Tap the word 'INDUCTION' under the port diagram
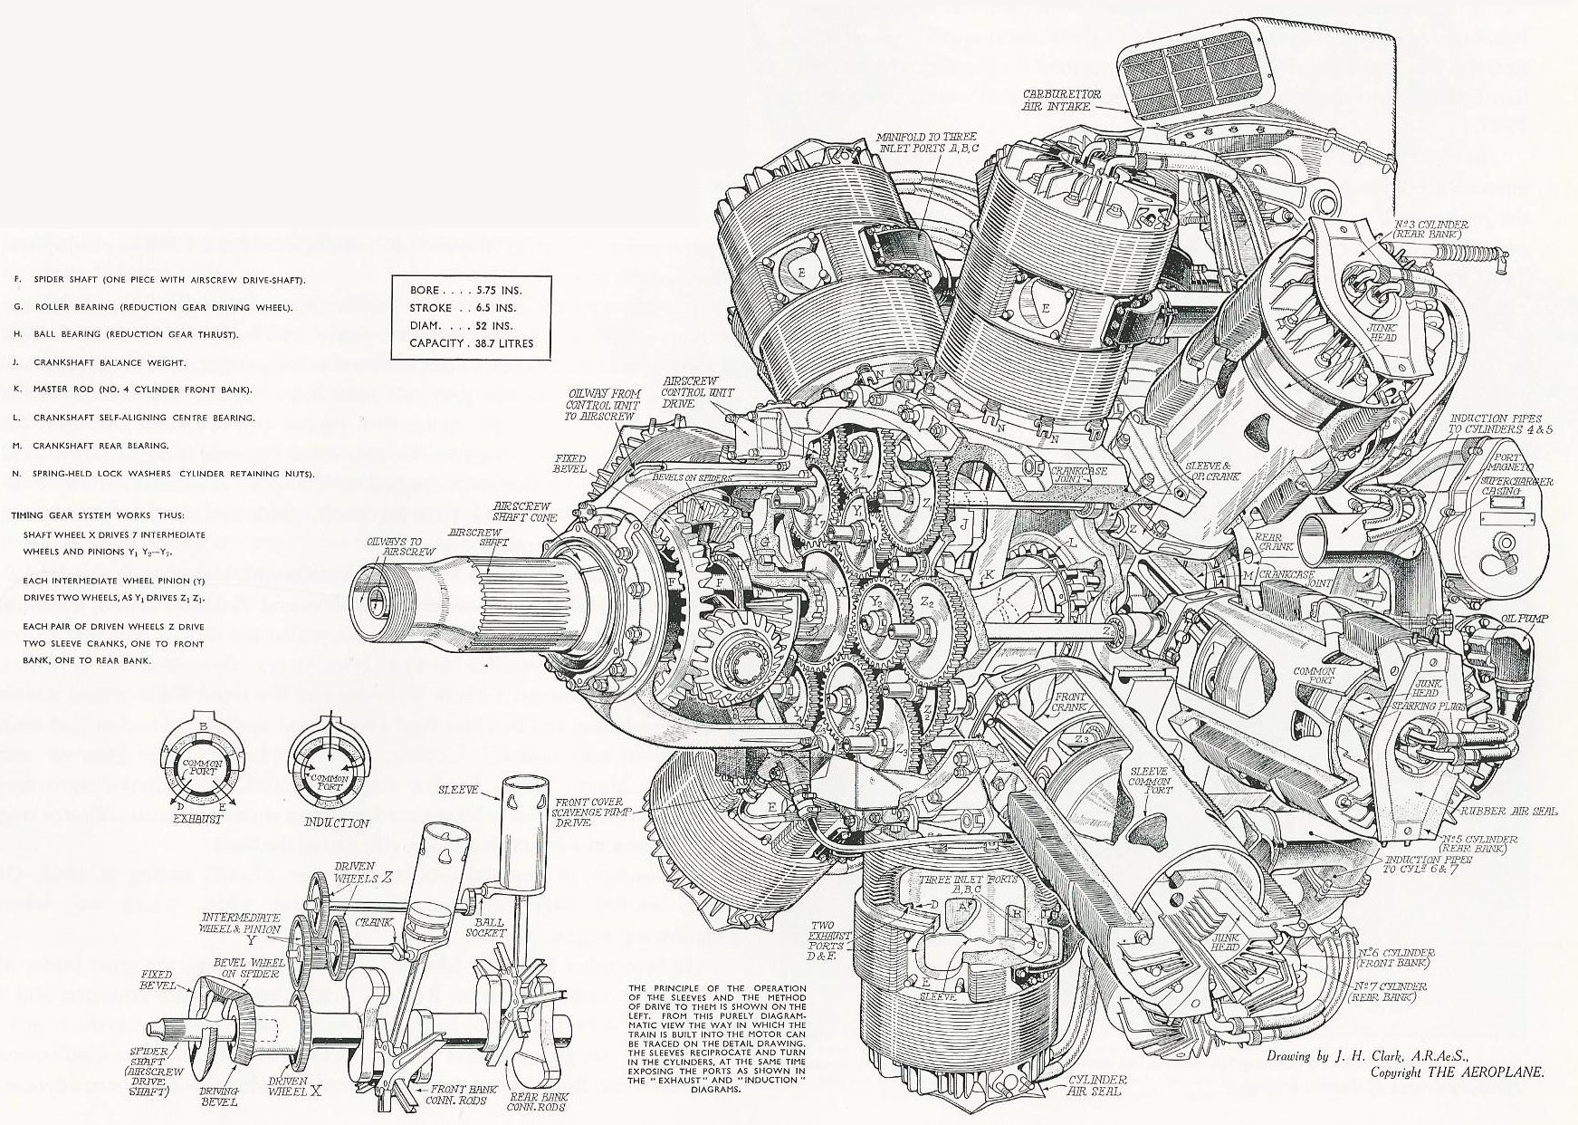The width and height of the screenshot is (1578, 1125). point(336,823)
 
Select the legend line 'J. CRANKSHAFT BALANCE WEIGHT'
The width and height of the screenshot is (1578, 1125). point(108,362)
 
